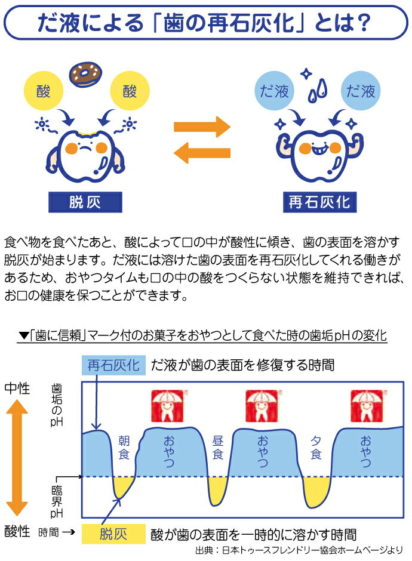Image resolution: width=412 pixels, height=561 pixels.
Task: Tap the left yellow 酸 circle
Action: [44, 91]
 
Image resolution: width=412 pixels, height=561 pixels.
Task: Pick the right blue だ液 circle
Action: [361, 91]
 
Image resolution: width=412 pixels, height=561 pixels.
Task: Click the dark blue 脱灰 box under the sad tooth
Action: [85, 202]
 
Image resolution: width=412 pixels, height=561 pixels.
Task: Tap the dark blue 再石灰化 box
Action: [319, 202]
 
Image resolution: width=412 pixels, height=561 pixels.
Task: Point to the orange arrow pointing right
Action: [202, 126]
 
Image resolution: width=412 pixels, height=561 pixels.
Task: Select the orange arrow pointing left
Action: [202, 153]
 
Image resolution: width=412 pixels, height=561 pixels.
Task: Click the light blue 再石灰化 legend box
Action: [113, 365]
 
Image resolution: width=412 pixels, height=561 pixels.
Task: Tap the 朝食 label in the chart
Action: [124, 447]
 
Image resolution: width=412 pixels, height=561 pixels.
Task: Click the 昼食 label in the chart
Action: [218, 447]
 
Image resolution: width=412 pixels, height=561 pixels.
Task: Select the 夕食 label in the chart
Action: [316, 447]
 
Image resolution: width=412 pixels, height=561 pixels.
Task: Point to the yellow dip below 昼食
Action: [219, 489]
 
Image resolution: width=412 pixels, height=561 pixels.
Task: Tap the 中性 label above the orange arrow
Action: [17, 388]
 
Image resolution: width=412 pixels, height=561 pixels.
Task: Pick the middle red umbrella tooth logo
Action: [260, 405]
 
